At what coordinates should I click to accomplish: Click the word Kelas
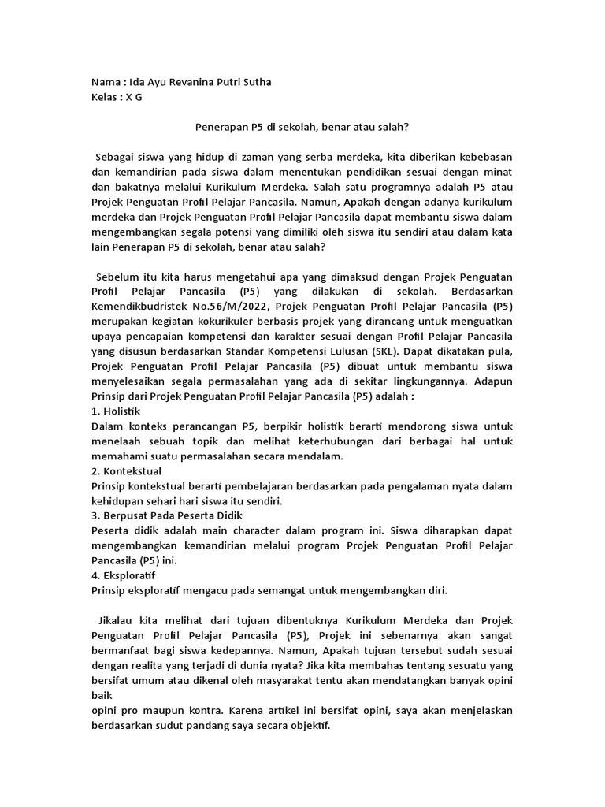106,98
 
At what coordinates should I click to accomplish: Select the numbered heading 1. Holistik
117,411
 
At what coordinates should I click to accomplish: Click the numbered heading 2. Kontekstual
127,471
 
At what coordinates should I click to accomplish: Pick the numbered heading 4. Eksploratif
124,575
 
